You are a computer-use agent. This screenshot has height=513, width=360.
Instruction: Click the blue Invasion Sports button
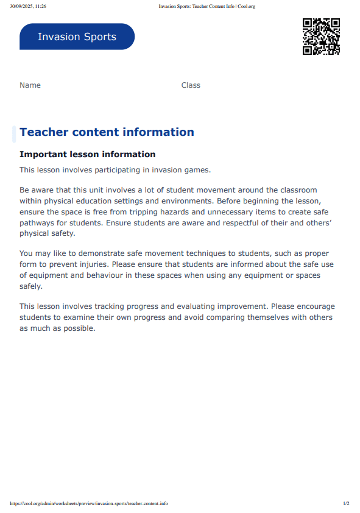pos(77,37)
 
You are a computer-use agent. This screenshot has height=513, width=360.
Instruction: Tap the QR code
pos(321,37)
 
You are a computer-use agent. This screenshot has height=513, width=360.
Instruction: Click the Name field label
pos(30,85)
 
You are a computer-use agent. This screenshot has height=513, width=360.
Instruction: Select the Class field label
pos(191,85)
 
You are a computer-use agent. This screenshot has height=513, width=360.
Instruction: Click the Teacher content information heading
pos(107,132)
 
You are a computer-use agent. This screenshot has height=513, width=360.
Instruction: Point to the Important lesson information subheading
pos(87,155)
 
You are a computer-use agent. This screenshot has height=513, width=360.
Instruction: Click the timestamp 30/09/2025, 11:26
pos(28,6)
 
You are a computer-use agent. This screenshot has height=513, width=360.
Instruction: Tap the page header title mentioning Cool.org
pos(206,6)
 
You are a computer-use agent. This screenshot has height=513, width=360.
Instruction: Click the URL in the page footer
pos(89,504)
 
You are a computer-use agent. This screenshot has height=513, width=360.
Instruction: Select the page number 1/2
pos(346,504)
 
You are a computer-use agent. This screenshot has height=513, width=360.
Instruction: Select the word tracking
pos(120,306)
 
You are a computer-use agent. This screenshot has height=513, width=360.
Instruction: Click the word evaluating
pos(203,306)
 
